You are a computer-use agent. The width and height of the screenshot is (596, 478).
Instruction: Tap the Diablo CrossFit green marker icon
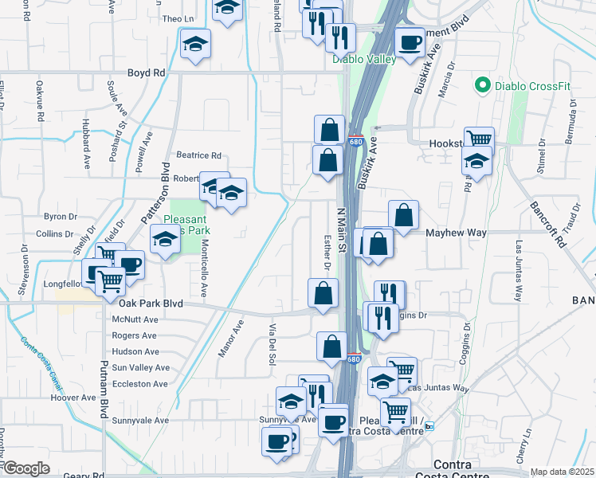(x=481, y=84)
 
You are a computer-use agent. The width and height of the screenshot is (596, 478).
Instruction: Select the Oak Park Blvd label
(x=151, y=304)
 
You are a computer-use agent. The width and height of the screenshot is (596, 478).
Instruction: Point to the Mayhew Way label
(x=456, y=233)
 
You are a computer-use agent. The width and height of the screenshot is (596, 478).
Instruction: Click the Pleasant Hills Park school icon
(x=165, y=239)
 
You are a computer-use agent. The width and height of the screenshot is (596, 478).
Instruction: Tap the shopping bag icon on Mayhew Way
(x=404, y=215)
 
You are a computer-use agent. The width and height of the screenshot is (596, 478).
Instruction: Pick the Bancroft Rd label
(x=547, y=223)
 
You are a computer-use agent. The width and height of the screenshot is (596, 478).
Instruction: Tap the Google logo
(x=26, y=468)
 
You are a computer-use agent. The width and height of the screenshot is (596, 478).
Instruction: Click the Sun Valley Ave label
(x=140, y=368)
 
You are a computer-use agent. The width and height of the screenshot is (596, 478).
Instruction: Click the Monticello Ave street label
(x=205, y=269)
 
